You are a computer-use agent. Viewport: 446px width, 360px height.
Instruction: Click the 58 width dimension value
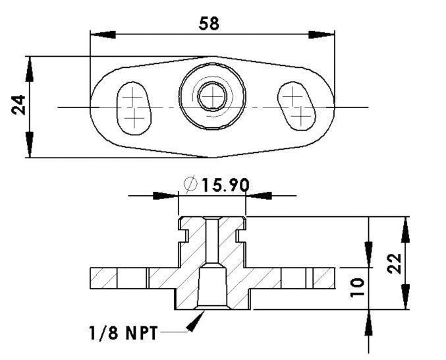[209, 23]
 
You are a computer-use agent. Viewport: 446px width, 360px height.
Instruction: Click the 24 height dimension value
[19, 105]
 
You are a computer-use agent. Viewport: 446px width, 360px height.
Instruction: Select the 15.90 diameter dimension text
[225, 185]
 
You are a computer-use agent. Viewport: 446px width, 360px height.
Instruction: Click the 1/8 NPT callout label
[123, 333]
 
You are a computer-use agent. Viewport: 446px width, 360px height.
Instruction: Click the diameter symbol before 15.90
[191, 185]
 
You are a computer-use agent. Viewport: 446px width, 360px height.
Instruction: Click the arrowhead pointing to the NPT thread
[196, 321]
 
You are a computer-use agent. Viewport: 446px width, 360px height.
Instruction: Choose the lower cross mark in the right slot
[300, 117]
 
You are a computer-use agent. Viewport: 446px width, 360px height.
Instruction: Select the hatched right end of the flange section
[323, 278]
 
